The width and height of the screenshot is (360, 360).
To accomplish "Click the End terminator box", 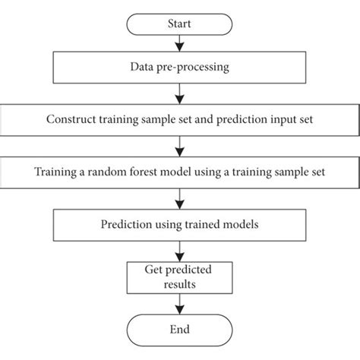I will [x=180, y=330].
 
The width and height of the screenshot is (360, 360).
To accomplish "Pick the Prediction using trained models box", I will [x=180, y=224].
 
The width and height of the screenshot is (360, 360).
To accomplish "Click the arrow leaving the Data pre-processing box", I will [x=180, y=94].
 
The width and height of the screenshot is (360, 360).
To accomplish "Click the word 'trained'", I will [x=203, y=224].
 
